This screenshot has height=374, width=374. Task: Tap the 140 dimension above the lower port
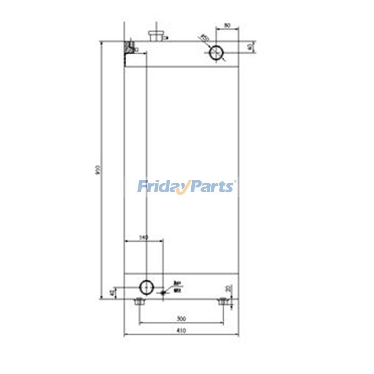pos(144,238)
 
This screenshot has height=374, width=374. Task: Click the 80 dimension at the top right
pos(227,26)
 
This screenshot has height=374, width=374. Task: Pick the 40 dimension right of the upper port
pos(251,47)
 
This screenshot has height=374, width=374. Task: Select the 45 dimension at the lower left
pos(111,293)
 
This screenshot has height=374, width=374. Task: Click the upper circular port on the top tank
pos(216,53)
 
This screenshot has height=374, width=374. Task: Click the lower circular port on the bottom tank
pos(146,286)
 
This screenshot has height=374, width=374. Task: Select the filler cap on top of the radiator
pos(155,35)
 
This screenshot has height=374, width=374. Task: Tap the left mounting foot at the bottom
pos(138,302)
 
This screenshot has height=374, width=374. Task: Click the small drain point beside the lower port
pos(163,293)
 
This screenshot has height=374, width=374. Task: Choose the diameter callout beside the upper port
pos(204,38)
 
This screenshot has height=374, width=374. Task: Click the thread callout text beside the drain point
pos(177,287)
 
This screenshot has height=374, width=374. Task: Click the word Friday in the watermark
pos(161,187)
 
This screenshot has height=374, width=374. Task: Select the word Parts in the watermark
pos(213,187)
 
